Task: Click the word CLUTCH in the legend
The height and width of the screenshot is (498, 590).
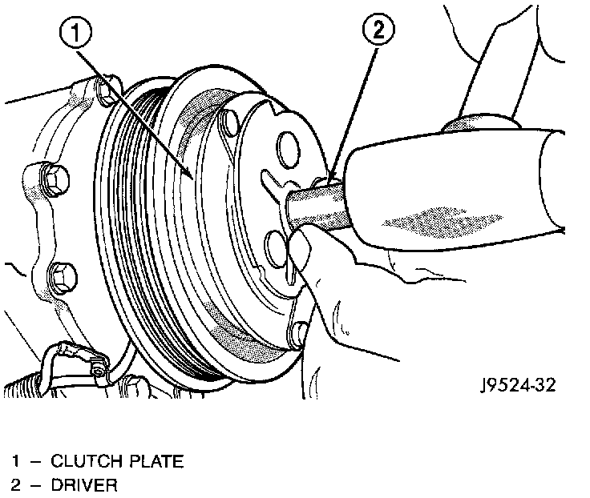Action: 83,461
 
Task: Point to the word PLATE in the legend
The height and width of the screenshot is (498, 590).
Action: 152,461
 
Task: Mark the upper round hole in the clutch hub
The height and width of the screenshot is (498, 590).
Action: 285,148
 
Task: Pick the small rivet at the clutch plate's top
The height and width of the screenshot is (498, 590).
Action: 229,122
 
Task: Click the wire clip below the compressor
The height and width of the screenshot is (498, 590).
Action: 96,367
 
